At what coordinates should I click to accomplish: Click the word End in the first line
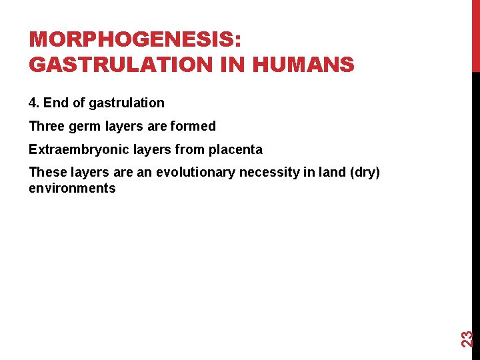click(55, 103)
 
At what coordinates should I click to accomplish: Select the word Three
click(47, 126)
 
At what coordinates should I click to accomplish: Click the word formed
click(193, 126)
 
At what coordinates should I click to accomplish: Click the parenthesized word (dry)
click(364, 173)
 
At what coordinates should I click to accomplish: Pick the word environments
click(72, 188)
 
